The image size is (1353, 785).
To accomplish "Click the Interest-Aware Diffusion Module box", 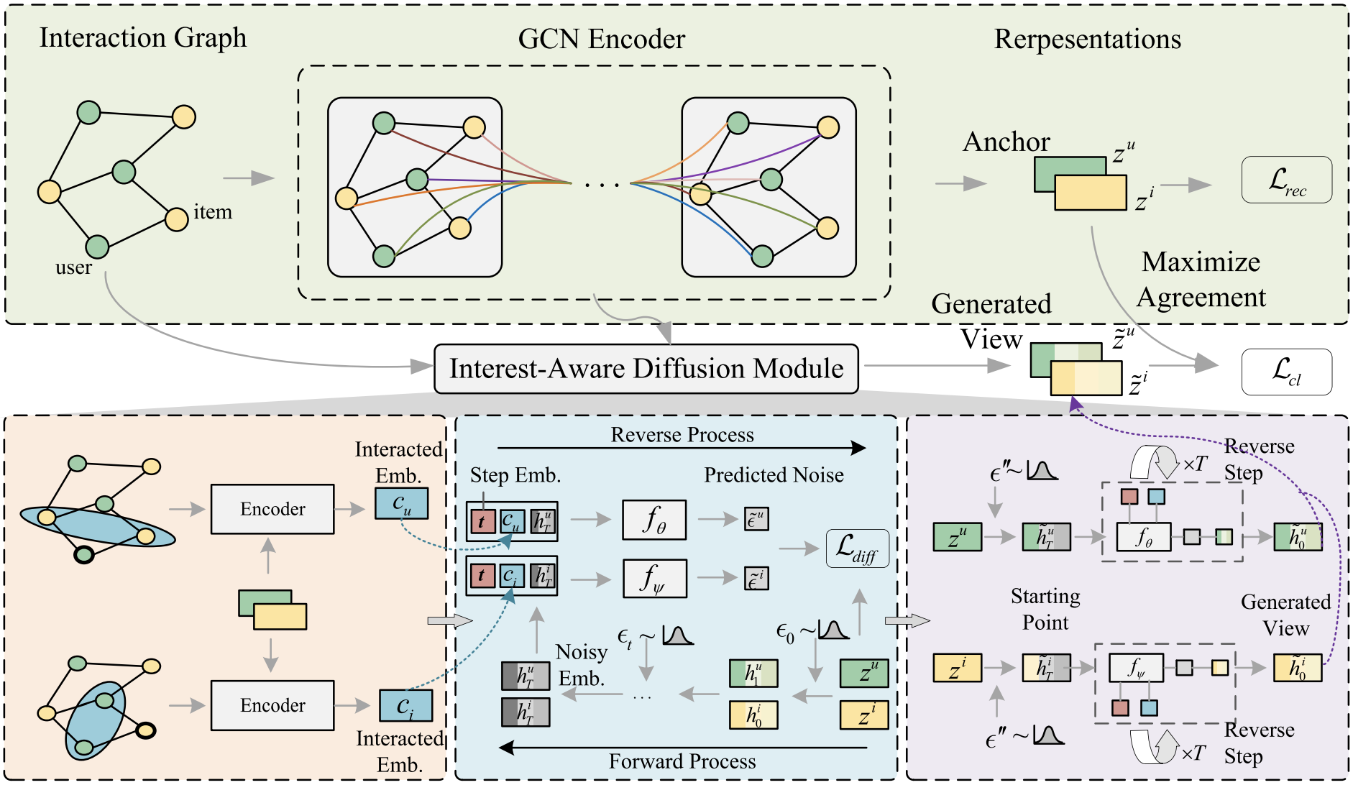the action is click(646, 369).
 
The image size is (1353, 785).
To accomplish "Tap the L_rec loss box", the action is click(1287, 180).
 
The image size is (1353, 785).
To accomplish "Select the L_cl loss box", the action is click(1287, 372).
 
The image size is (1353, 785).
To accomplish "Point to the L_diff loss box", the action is click(858, 548).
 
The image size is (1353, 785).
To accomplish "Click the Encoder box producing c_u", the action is click(272, 509).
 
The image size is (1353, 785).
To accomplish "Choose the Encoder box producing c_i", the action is click(272, 705).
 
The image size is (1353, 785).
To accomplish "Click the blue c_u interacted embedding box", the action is click(402, 503).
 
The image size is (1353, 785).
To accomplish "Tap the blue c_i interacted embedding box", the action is click(406, 705).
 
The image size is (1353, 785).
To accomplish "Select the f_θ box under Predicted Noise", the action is click(654, 520).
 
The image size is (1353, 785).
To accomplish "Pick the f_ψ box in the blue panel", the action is click(654, 579).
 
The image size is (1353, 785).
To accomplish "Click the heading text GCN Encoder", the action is click(602, 39).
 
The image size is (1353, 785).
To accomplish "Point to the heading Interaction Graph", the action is click(143, 38).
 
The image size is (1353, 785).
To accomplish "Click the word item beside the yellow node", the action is click(213, 212).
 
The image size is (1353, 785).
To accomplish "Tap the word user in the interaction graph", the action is click(74, 267).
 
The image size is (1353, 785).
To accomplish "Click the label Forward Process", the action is click(682, 761).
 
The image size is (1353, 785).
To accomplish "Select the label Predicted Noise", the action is click(774, 475).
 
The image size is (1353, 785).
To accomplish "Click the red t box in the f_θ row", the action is click(482, 521).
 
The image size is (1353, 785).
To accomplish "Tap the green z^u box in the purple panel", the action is click(957, 537).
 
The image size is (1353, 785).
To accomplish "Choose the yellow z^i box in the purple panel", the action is click(957, 668).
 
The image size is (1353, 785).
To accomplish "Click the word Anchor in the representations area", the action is click(1006, 142).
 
